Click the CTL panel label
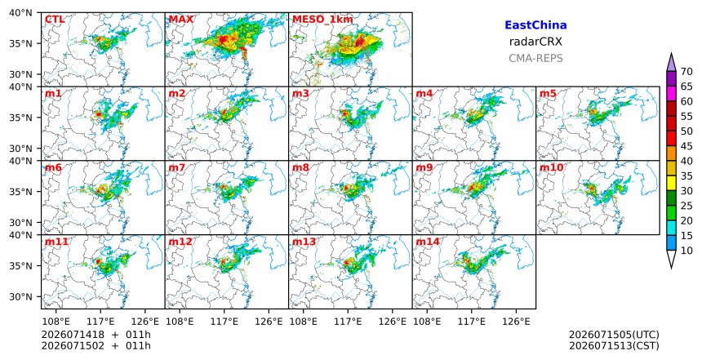point(54,20)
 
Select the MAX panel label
point(181,20)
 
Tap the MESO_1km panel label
point(322,20)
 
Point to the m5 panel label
point(548,94)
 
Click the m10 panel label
point(552,167)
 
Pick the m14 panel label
point(428,242)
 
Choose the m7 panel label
point(176,167)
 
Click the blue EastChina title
point(535,25)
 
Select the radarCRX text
point(535,42)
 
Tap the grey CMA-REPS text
point(535,58)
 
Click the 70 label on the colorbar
point(686,72)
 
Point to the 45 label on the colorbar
point(686,146)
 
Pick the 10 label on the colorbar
point(686,251)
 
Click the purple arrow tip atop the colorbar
point(671,53)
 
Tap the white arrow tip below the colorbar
point(671,269)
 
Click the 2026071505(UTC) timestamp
point(614,335)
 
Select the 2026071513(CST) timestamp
point(614,345)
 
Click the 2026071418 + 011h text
point(96,335)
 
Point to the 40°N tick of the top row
point(20,12)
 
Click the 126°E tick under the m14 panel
point(516,322)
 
